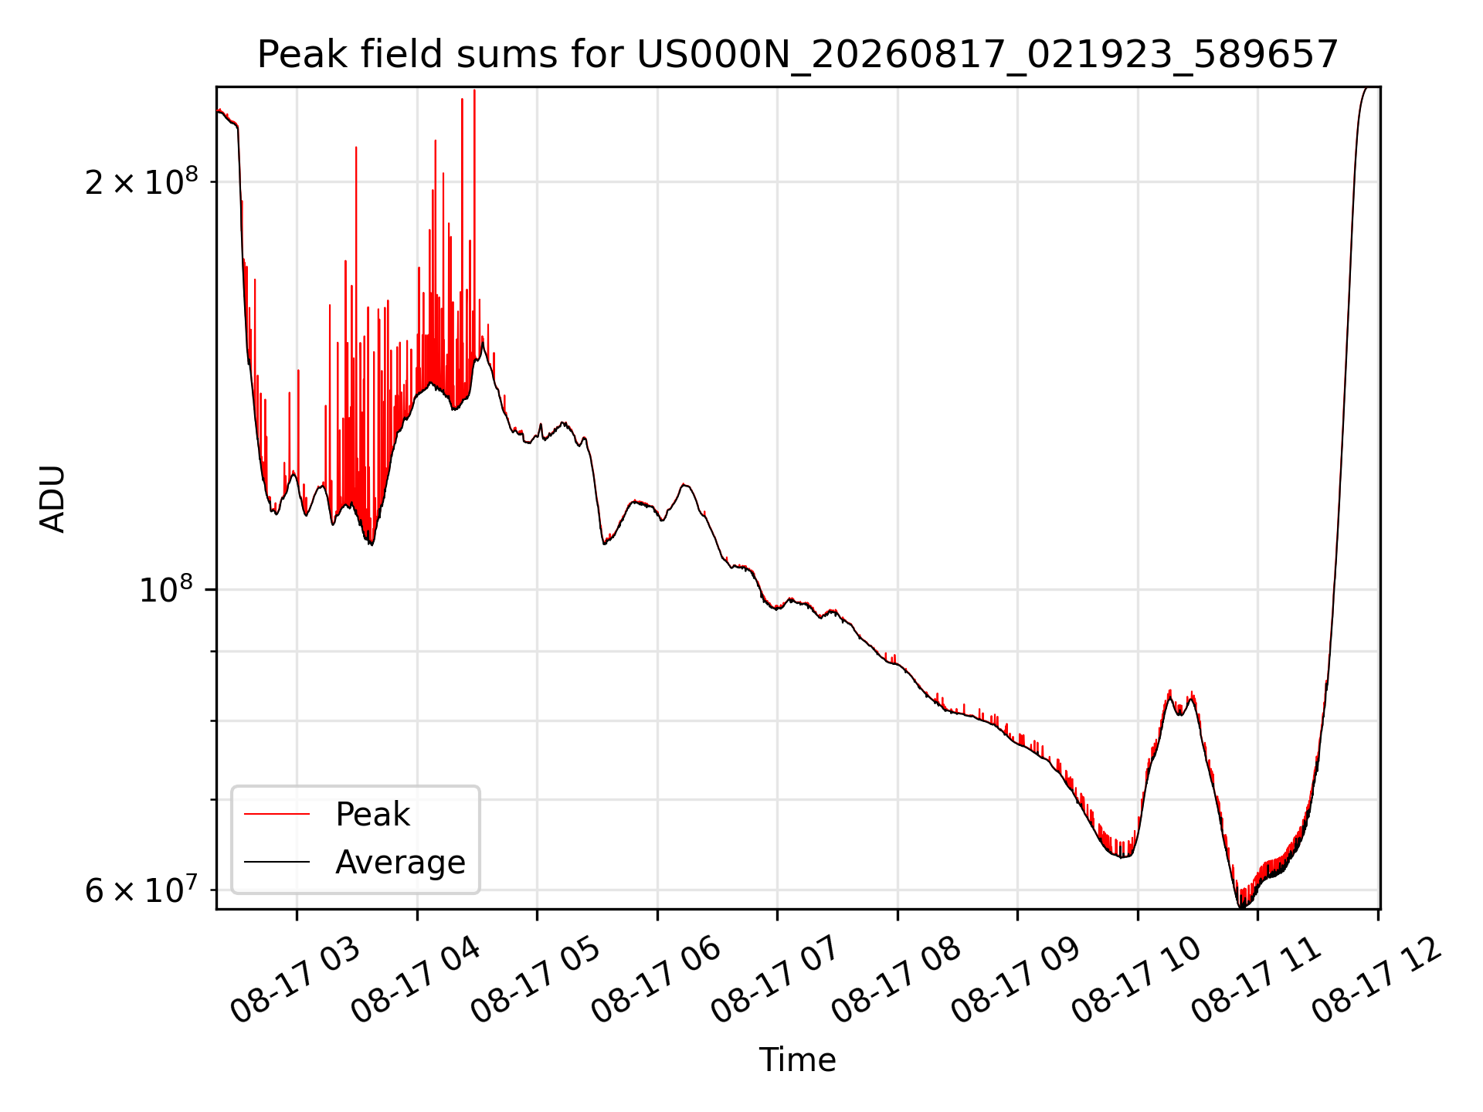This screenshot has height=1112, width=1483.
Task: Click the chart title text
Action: [x=797, y=55]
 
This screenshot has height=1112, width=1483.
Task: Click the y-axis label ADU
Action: [x=53, y=499]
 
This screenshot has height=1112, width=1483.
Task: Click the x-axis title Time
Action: [x=797, y=1060]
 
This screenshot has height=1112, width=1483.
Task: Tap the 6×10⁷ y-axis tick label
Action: [x=141, y=889]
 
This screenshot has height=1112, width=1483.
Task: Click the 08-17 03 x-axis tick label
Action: [x=296, y=981]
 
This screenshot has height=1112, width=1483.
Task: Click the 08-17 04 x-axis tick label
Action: [x=416, y=981]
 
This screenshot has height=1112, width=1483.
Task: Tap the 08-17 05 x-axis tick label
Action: [x=536, y=981]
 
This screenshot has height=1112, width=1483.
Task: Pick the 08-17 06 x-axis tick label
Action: [x=657, y=981]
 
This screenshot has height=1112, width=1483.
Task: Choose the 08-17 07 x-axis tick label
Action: [x=776, y=981]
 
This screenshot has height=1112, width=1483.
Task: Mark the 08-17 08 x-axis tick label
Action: [x=897, y=981]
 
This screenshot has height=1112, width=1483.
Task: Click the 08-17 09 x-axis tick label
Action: [x=1016, y=981]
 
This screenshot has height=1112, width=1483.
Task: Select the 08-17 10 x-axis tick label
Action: [x=1137, y=981]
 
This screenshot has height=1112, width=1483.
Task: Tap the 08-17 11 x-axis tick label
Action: [x=1257, y=981]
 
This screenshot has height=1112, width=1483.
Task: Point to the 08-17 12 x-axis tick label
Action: [x=1377, y=981]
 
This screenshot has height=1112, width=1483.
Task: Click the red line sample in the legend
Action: [x=277, y=814]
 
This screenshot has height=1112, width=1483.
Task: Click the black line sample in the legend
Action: [x=277, y=862]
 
